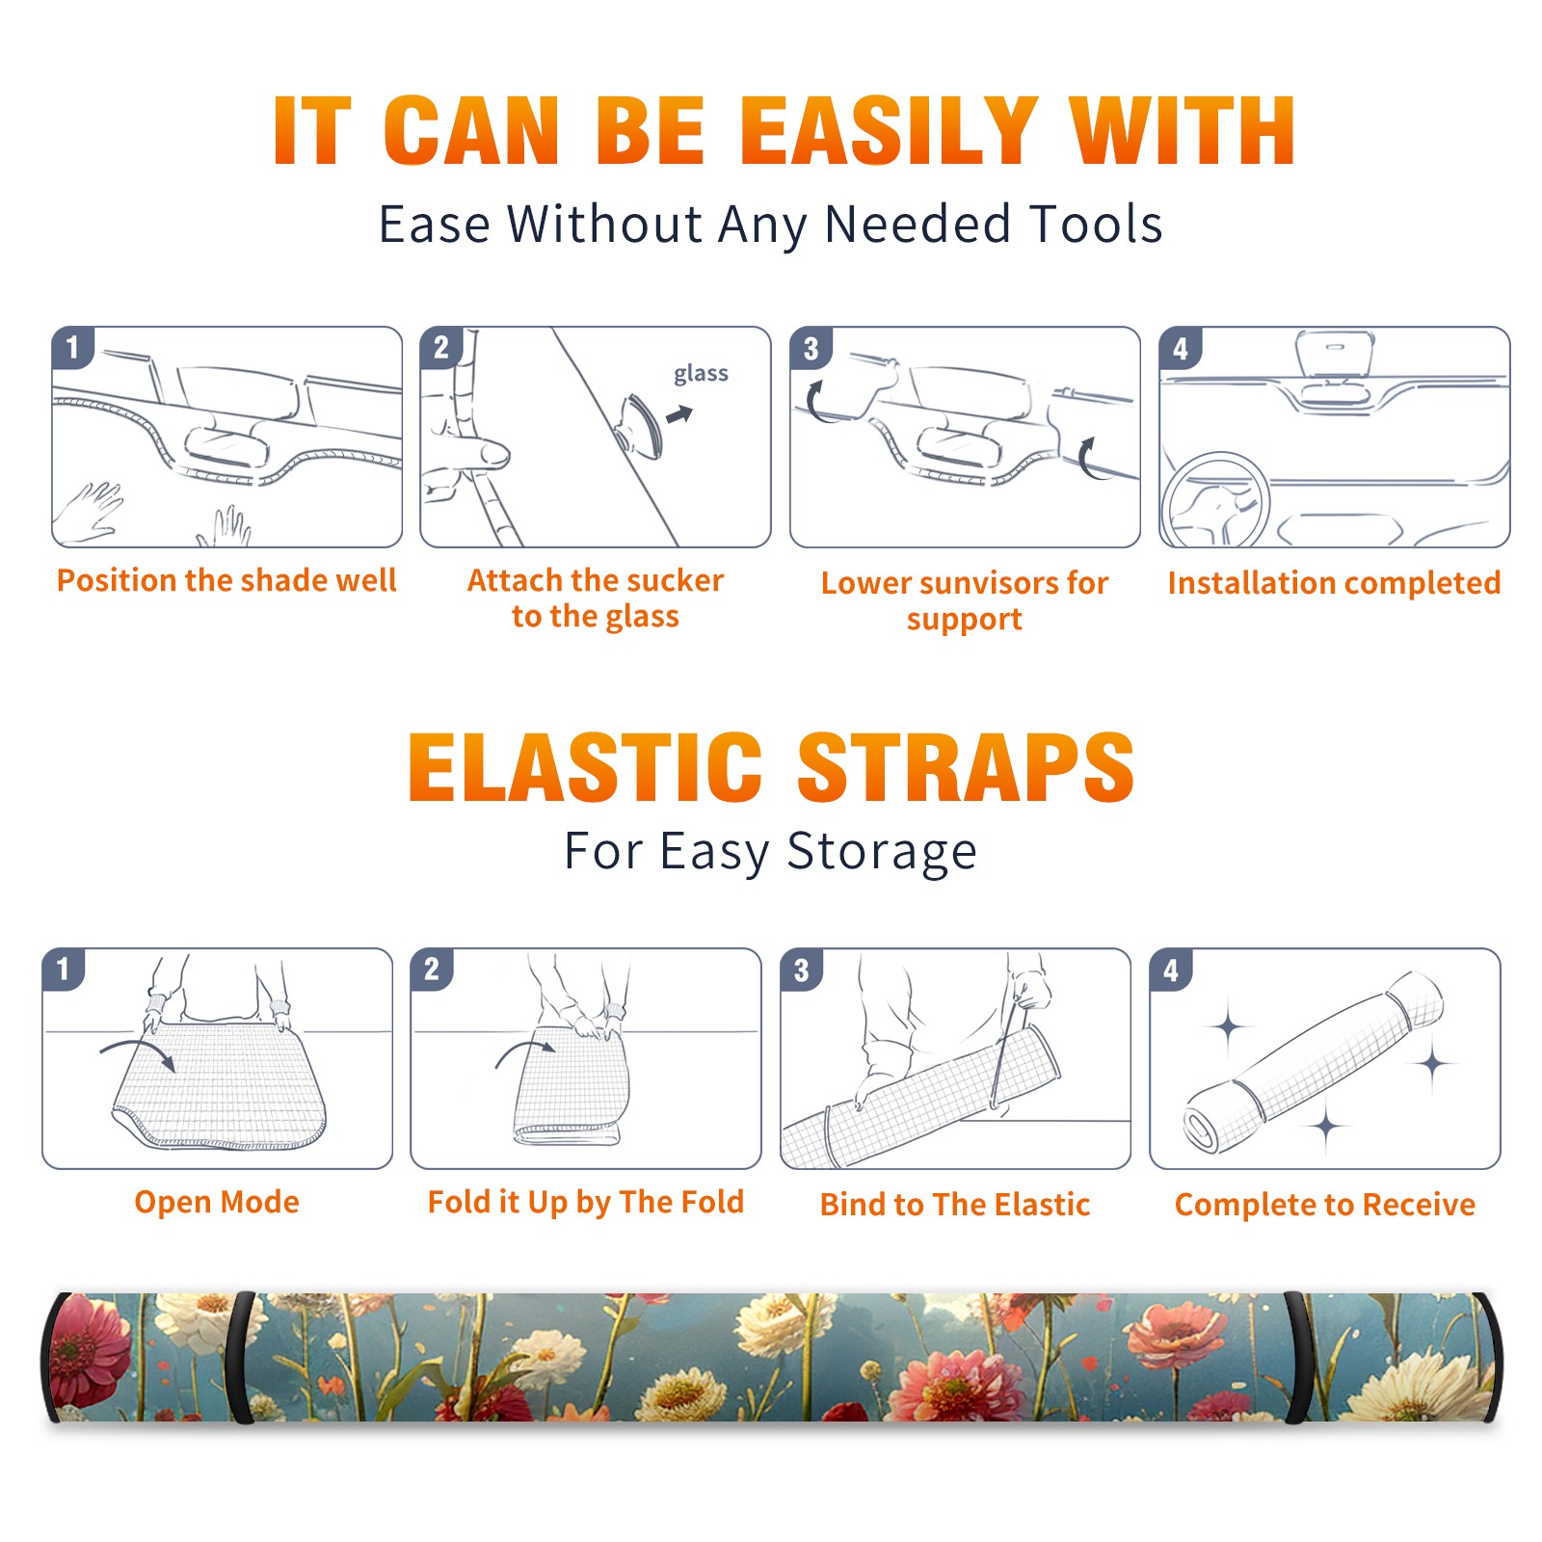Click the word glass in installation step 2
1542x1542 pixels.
[x=701, y=374]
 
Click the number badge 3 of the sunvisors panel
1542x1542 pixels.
[x=811, y=348]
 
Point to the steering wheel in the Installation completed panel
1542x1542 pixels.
[x=1214, y=500]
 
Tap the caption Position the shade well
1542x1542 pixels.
[x=226, y=580]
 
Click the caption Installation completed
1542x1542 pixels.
[x=1334, y=583]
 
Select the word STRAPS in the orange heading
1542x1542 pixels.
[x=966, y=767]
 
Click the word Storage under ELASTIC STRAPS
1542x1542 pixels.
[x=882, y=852]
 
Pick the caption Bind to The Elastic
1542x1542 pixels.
[x=954, y=1205]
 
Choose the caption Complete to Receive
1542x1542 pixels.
[x=1324, y=1205]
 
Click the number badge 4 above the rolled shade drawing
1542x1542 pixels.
[x=1171, y=970]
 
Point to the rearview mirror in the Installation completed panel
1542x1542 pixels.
[x=1335, y=355]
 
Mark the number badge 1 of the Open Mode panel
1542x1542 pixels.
[x=64, y=970]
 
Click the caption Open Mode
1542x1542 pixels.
[x=217, y=1202]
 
